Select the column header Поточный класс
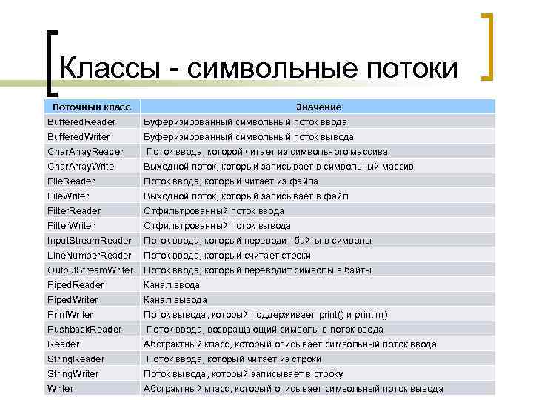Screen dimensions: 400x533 (x=92, y=107)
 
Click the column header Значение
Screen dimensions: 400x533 (x=318, y=107)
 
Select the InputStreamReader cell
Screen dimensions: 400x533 (x=90, y=241)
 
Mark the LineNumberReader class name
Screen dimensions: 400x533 (x=90, y=256)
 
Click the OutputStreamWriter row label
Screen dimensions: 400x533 (x=90, y=270)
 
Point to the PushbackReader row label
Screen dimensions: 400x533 (x=84, y=330)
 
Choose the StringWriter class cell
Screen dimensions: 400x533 (x=73, y=374)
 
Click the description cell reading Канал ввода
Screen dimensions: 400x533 (x=171, y=285)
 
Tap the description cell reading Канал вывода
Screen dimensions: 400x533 (x=175, y=300)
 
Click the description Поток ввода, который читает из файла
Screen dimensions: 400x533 (x=230, y=181)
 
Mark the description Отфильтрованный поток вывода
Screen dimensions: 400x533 (x=217, y=226)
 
